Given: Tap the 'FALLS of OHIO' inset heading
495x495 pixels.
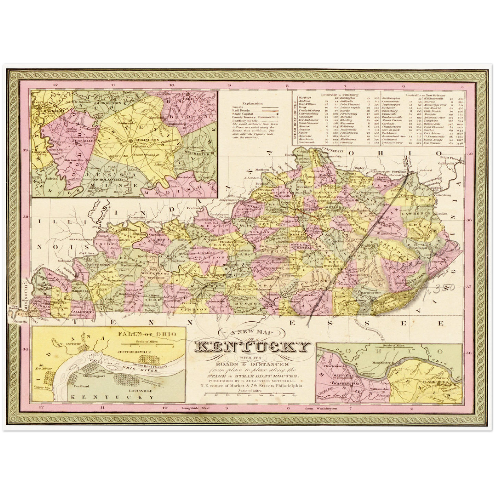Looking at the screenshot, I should (x=147, y=334).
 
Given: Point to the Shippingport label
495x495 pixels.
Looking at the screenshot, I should (x=93, y=376).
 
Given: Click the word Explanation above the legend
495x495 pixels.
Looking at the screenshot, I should (x=252, y=103).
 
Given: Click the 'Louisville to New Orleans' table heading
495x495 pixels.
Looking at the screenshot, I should (x=425, y=94).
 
